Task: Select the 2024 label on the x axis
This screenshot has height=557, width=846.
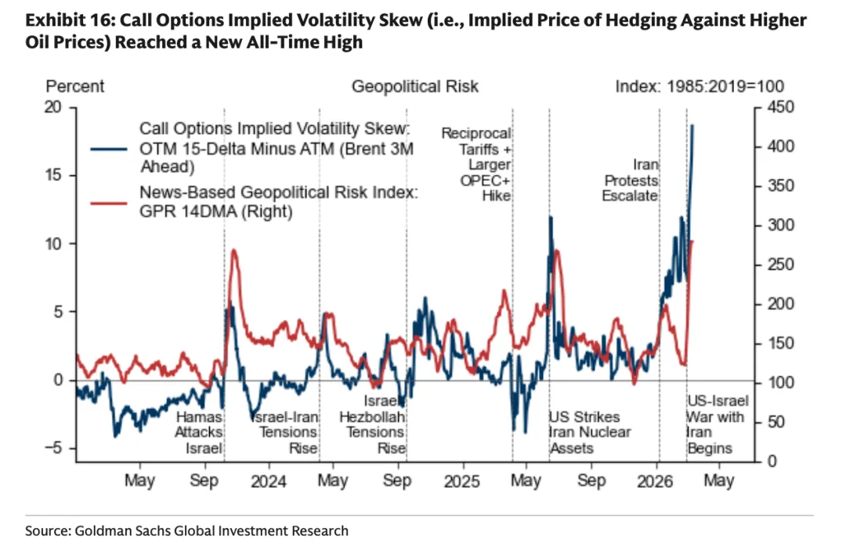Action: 268,481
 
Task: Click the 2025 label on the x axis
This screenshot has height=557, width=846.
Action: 462,481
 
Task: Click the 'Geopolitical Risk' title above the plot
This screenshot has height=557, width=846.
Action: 415,86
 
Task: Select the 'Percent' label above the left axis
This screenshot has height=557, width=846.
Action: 75,86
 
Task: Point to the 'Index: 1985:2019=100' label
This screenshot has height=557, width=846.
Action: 700,86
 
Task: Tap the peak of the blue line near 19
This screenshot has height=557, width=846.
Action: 692,125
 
